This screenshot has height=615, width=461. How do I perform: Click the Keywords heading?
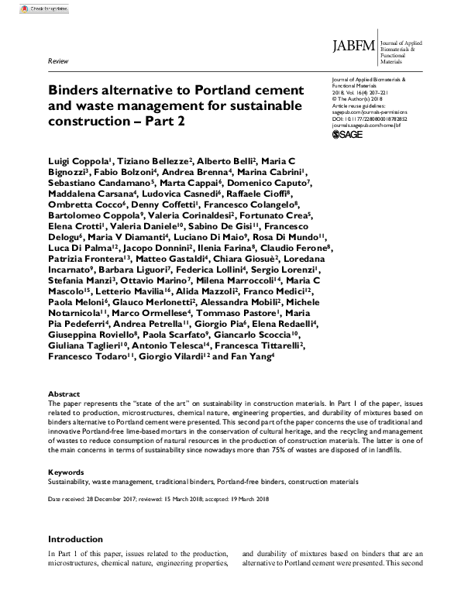click(67, 471)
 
